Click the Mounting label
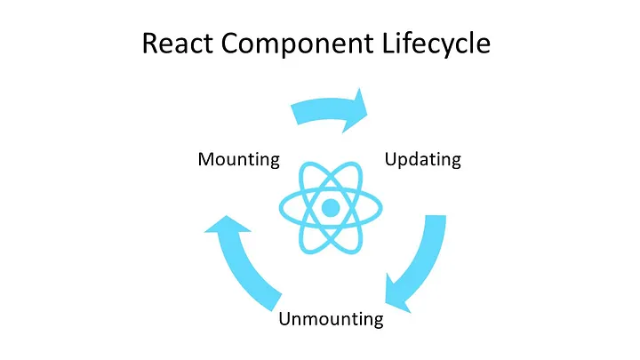(x=238, y=160)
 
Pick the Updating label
(x=422, y=160)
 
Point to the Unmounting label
(x=331, y=318)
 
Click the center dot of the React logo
(x=330, y=208)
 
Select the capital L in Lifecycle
(x=396, y=44)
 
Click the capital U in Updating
(x=390, y=160)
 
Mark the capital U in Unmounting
(x=285, y=318)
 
